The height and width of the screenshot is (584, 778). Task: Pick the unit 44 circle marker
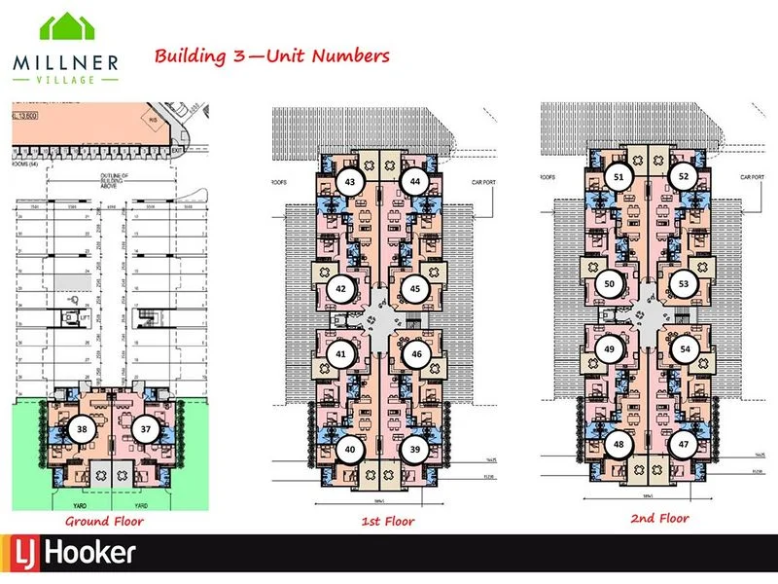[415, 182]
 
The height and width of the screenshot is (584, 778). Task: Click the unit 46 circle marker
[415, 354]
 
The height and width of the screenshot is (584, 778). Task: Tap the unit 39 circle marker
[415, 450]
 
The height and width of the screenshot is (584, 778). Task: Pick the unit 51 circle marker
[619, 176]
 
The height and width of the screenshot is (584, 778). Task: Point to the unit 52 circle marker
[684, 176]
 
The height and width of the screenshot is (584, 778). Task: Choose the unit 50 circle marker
[610, 284]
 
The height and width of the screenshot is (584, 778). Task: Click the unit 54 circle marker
[685, 349]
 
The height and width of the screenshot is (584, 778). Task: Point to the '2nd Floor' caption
[659, 519]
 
